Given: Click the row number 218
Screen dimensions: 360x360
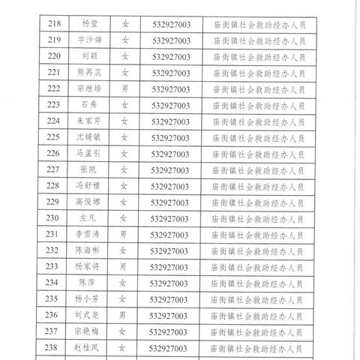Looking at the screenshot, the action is [53, 24].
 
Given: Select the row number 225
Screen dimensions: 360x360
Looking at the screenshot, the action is [53, 137].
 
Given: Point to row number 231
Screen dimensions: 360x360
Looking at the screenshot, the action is [53, 235].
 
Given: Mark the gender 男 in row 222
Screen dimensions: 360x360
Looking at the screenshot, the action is [125, 88].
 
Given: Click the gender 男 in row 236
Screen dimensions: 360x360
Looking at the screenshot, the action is [125, 316].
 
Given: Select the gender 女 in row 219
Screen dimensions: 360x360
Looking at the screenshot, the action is [125, 40].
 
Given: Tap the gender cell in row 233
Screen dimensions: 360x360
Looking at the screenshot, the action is [125, 267].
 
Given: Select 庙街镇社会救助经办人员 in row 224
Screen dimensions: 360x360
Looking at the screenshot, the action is [259, 121].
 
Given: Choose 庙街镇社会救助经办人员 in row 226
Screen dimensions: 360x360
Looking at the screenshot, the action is [259, 154].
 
